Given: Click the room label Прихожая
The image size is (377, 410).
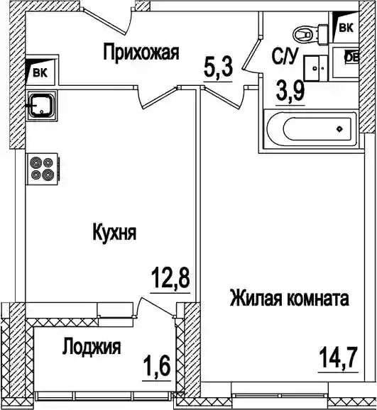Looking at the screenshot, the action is (x=141, y=52).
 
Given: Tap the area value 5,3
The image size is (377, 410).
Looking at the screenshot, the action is (x=218, y=67).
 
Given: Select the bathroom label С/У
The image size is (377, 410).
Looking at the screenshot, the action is (x=285, y=57).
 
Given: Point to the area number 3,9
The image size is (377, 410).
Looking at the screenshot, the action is (x=290, y=92).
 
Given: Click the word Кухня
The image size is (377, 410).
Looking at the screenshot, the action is (x=115, y=232).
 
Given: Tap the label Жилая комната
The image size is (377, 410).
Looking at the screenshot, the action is (x=289, y=299).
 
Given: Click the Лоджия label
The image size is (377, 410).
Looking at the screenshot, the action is (x=92, y=347).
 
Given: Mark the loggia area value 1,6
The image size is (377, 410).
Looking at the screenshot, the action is (x=157, y=367).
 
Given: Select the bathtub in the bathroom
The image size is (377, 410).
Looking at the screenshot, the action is (x=310, y=129).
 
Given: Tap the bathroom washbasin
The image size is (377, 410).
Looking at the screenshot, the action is (x=316, y=68).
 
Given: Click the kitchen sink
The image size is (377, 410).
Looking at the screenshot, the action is (x=42, y=106).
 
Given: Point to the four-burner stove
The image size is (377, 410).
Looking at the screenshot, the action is (x=43, y=169).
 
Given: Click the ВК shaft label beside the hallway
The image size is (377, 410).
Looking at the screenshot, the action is (x=40, y=72).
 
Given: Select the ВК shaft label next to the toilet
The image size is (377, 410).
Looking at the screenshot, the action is (x=346, y=28).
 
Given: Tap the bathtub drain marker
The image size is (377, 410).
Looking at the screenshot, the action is (x=340, y=128).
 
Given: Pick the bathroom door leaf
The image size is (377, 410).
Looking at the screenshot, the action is (x=251, y=54).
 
